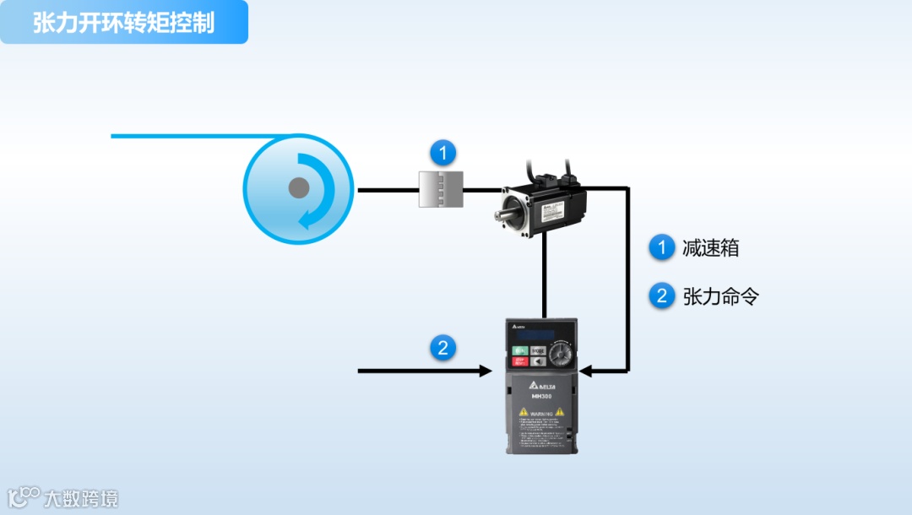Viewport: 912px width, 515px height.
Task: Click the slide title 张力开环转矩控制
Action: click(x=123, y=22)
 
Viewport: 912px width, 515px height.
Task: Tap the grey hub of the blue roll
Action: click(x=298, y=188)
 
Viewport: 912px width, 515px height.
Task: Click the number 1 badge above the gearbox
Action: click(x=442, y=154)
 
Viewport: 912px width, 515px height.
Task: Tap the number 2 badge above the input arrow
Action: click(x=442, y=348)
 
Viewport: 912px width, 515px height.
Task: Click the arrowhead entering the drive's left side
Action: click(x=486, y=371)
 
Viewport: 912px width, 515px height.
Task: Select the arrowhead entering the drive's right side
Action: click(x=587, y=371)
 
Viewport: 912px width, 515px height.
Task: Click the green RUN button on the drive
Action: click(x=520, y=350)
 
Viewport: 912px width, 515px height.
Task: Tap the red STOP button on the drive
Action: click(x=520, y=362)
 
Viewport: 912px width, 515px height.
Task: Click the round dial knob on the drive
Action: click(x=560, y=355)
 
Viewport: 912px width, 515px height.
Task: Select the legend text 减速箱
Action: click(x=711, y=248)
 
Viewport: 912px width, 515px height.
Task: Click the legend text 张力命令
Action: click(x=720, y=296)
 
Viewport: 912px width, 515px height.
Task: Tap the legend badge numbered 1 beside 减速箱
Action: click(x=662, y=247)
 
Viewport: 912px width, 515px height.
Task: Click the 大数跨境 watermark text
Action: click(x=81, y=498)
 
